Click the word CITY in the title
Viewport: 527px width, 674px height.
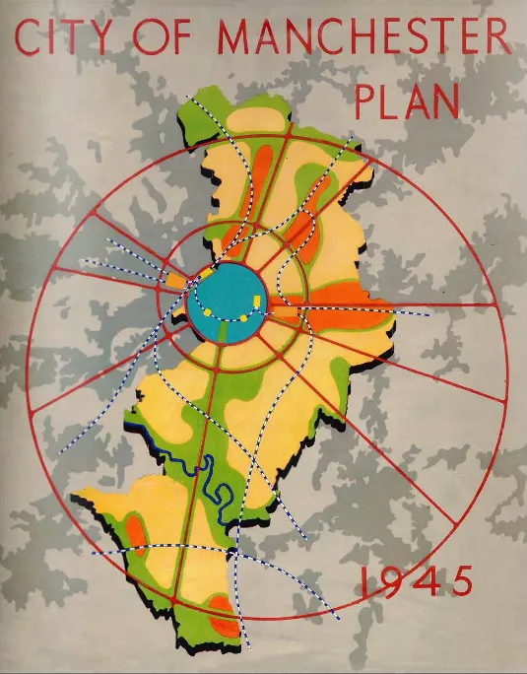(x=67, y=39)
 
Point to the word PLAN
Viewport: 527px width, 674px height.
(x=406, y=101)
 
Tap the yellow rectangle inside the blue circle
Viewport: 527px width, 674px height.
(x=256, y=300)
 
